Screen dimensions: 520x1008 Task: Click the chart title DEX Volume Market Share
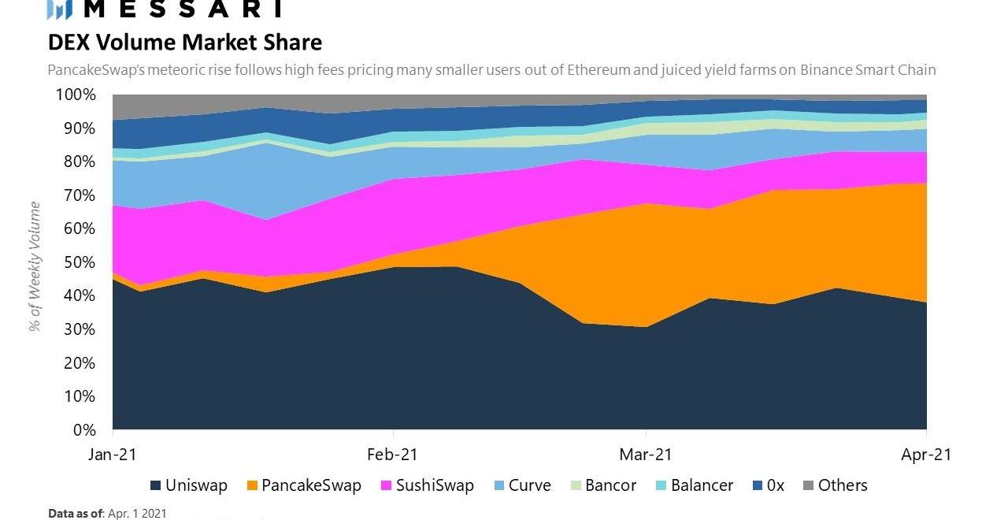(x=185, y=42)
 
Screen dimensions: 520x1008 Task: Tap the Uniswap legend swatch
(x=155, y=485)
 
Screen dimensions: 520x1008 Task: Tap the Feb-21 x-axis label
(x=392, y=455)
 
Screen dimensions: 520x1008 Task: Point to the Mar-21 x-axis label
(x=646, y=455)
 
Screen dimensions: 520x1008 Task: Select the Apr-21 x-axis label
(x=926, y=455)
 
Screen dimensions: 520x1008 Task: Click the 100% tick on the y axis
(x=76, y=95)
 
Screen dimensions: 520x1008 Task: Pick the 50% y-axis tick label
(x=80, y=262)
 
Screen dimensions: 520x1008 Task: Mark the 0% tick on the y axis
(x=84, y=430)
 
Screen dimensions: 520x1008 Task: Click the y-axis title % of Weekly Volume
(x=35, y=266)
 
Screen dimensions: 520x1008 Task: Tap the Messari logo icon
(x=60, y=9)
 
